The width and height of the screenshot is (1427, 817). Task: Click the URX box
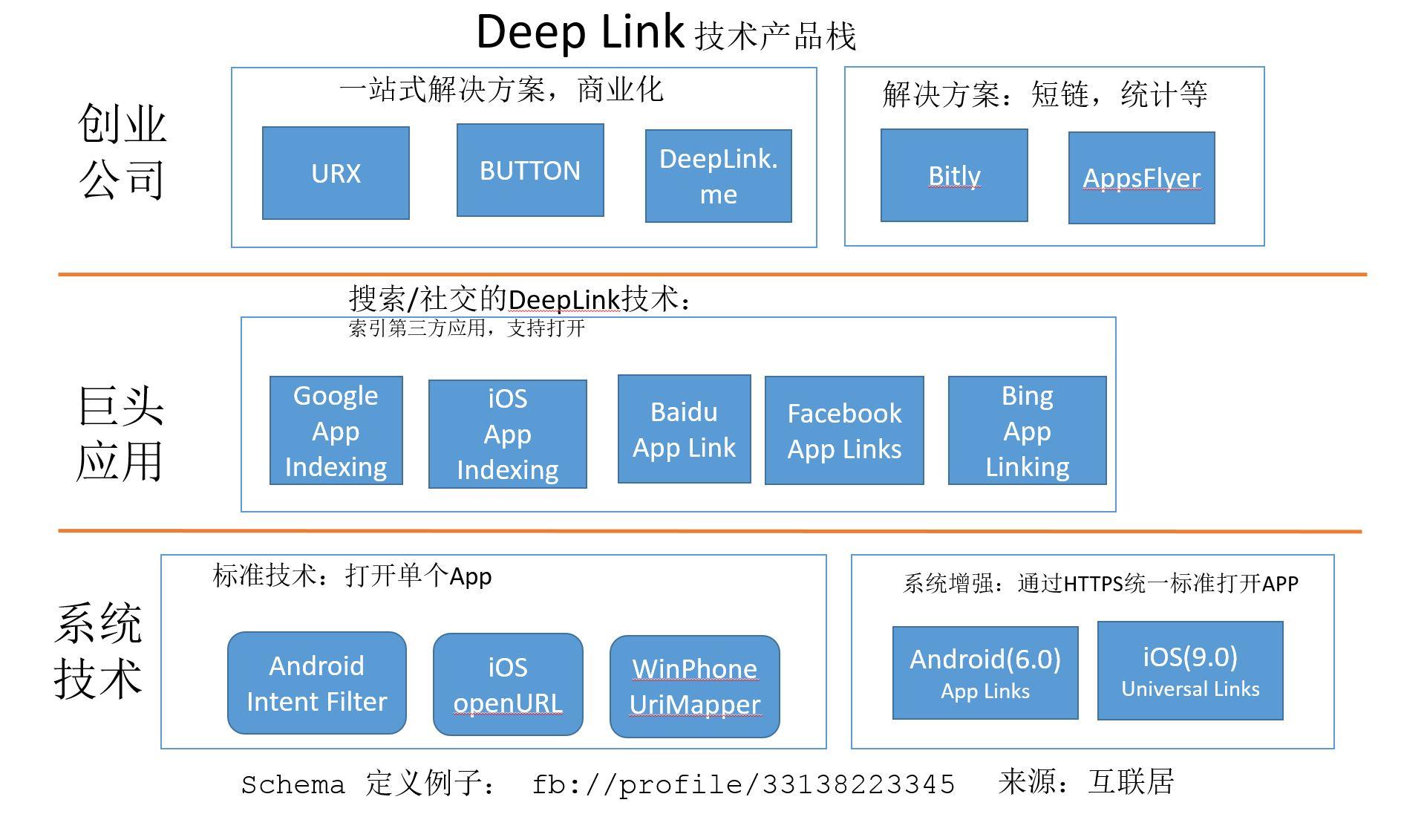click(x=336, y=173)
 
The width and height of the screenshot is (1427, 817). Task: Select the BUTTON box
click(x=530, y=171)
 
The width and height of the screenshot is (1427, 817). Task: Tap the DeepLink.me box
click(x=718, y=176)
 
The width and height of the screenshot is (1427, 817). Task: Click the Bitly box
click(x=954, y=176)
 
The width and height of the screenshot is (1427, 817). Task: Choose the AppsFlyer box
click(x=1141, y=178)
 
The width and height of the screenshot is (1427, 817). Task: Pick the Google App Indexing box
click(x=336, y=431)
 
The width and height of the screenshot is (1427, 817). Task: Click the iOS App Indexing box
click(x=507, y=434)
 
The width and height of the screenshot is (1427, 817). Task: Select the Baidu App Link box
click(x=684, y=429)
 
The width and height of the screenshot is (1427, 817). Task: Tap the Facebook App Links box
click(x=844, y=431)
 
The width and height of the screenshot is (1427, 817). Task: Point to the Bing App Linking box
click(x=1027, y=431)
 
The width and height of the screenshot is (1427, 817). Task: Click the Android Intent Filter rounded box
click(x=317, y=683)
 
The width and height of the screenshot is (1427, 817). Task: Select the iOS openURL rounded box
click(x=508, y=685)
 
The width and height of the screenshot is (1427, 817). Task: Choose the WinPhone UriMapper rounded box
click(x=694, y=686)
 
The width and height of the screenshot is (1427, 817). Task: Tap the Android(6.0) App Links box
click(x=985, y=673)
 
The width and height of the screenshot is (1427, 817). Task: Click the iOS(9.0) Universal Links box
click(x=1190, y=671)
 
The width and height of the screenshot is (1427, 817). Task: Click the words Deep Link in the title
click(x=579, y=33)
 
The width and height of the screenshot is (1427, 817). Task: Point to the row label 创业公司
click(x=123, y=152)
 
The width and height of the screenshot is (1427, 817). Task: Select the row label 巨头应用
click(x=120, y=434)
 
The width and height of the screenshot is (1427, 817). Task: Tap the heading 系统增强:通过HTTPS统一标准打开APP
click(x=1100, y=584)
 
